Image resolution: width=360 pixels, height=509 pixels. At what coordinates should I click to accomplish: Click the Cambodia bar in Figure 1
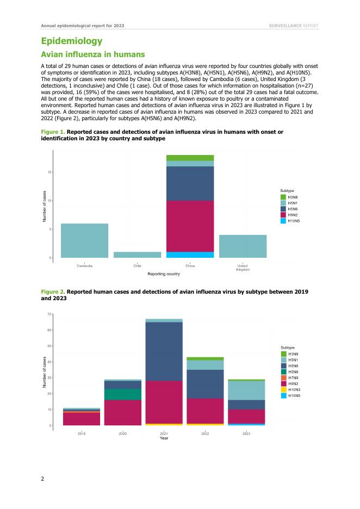pos(84,240)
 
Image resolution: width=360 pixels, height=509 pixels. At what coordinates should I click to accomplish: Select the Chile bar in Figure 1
pos(137,254)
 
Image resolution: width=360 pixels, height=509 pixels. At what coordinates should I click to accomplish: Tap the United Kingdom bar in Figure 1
pos(243,246)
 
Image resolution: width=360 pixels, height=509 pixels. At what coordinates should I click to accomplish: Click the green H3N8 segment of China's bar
pos(190,158)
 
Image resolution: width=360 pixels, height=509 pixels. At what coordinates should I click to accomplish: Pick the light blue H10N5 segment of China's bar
pos(190,254)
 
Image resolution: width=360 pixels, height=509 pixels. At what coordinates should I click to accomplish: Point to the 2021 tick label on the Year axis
pos(164,433)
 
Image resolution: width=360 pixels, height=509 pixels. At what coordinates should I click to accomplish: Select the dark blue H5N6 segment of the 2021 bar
pos(164,351)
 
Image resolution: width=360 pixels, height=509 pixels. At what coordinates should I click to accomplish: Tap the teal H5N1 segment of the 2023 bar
pos(246,390)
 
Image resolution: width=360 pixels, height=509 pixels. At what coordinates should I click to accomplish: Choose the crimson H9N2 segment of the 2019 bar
pos(81,419)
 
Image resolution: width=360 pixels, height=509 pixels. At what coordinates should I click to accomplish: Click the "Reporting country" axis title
pos(164,274)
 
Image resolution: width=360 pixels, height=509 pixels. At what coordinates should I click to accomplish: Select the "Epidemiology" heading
pos(72,41)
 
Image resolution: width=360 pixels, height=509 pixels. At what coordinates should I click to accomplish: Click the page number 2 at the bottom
pos(43,479)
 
